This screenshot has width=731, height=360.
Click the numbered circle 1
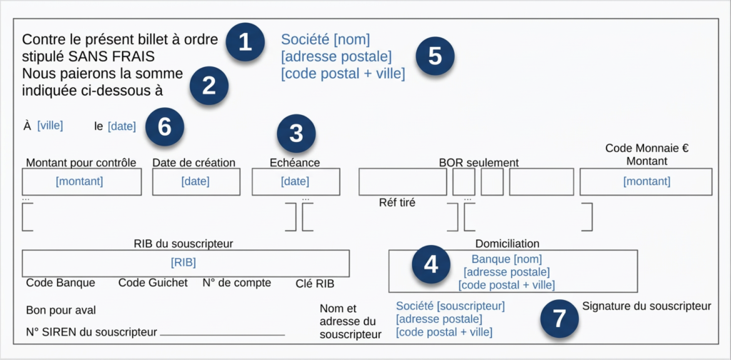[x=246, y=43]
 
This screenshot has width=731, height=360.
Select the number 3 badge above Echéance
[x=296, y=133]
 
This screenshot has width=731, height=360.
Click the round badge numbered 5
[x=435, y=56]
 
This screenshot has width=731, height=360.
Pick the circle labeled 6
[x=165, y=127]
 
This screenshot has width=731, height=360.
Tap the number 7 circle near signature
[x=559, y=319]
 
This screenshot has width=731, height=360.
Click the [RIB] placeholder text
[x=183, y=262]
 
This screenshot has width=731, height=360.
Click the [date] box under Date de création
[x=195, y=181]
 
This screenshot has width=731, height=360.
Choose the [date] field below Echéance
[x=295, y=181]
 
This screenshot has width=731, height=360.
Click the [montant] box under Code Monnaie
[x=647, y=181]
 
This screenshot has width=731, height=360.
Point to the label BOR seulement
[x=478, y=163]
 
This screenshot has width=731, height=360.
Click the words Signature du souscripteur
[x=647, y=306]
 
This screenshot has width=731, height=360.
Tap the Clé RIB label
[x=315, y=284]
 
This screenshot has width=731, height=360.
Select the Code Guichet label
[x=153, y=283]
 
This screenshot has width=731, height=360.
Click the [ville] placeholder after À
[x=50, y=126]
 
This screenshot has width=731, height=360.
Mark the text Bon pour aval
[x=61, y=310]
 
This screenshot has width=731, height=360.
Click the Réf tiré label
[x=397, y=203]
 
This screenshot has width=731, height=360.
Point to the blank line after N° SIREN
[x=222, y=334]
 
